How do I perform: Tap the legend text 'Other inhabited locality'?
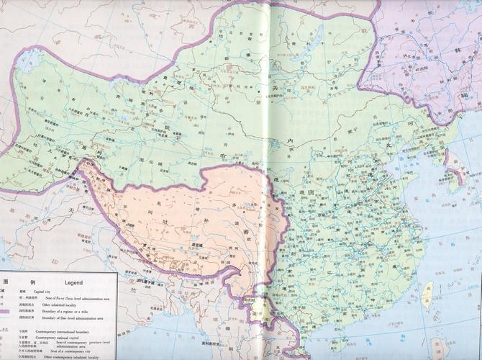(59, 304)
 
